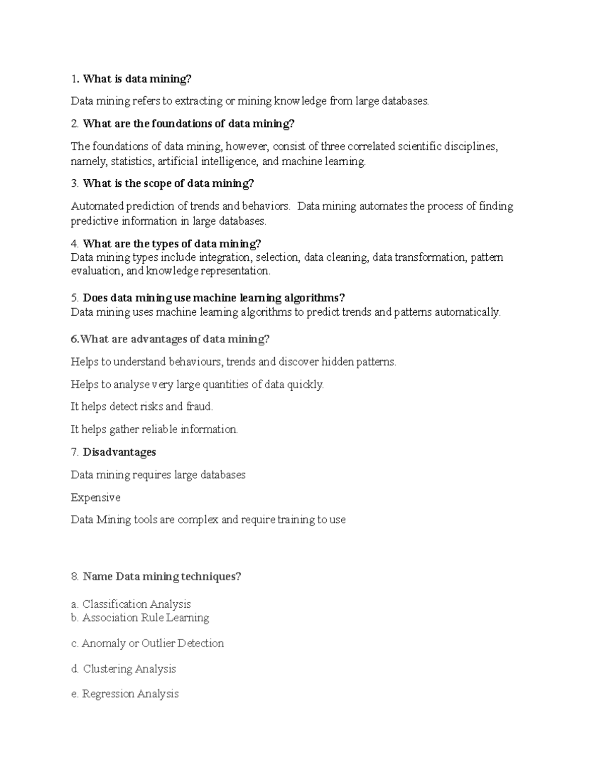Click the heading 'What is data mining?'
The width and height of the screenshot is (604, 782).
[137, 79]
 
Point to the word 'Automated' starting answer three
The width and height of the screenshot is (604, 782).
[97, 206]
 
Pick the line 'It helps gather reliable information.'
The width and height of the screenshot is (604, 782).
[154, 430]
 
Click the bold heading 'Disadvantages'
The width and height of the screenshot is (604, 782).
[119, 452]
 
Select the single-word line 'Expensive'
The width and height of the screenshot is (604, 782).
[96, 497]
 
